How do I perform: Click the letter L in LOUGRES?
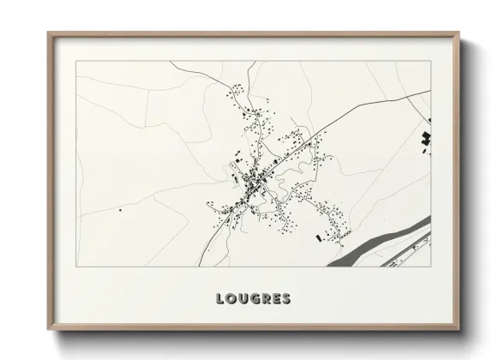pos(220,299)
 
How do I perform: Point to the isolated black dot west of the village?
pos(120,209)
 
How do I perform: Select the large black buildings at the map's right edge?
pos(425,139)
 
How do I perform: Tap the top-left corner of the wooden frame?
pos(49,34)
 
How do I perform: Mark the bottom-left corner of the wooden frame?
pos(49,329)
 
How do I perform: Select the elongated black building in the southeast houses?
pos(319,237)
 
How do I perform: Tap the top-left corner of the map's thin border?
pos(76,62)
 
